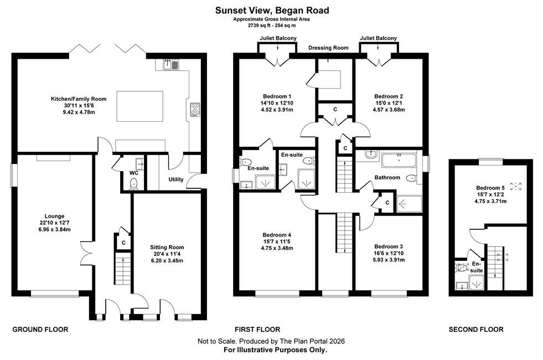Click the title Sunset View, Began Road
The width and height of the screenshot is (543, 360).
(x=272, y=11)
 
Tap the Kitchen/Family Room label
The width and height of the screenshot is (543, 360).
(x=79, y=99)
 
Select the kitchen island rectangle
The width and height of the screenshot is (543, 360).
(x=140, y=106)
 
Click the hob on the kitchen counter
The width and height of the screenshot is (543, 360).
(x=195, y=109)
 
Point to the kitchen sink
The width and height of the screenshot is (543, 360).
(x=170, y=64)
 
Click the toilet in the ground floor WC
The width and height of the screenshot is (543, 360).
(x=133, y=183)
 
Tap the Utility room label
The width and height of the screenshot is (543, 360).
(x=176, y=179)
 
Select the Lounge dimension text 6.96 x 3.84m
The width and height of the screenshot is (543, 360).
(x=55, y=229)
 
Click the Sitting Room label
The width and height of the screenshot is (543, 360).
(x=167, y=248)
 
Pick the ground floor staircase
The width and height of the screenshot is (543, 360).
(x=123, y=269)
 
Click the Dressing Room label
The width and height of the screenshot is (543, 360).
(x=328, y=48)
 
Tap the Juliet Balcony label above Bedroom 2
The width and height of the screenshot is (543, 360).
(x=378, y=38)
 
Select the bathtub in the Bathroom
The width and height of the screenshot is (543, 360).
(x=399, y=161)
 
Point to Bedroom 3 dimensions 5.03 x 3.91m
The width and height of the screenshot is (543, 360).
(x=389, y=260)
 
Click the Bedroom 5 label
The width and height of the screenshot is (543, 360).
(x=490, y=188)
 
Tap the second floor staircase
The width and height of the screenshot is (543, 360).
(x=495, y=263)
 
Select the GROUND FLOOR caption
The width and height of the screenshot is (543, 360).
(x=40, y=330)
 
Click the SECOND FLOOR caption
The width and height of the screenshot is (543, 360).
(x=476, y=330)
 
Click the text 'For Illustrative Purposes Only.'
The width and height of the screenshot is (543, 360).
(x=275, y=350)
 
